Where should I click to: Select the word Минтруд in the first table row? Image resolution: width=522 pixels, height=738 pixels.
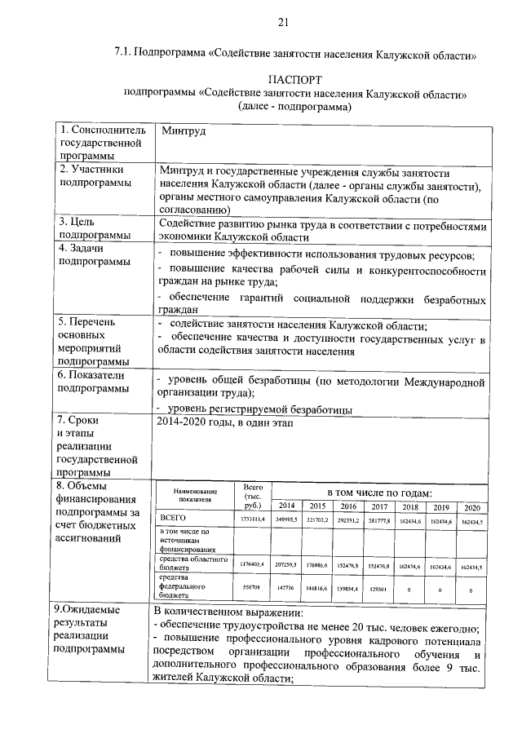[184, 130]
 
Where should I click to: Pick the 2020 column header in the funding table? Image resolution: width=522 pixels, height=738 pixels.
[471, 506]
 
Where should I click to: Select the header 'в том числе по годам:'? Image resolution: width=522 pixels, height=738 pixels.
[379, 492]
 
